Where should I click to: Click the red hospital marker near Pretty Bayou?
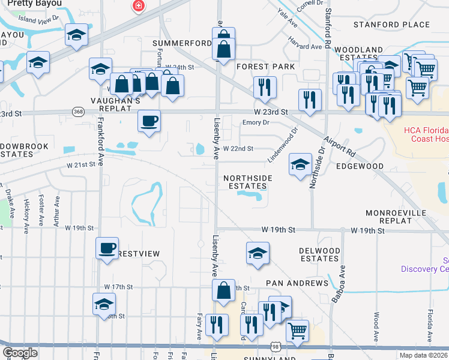139,6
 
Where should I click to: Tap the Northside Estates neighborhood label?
248,182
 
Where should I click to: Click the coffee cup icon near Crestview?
107,248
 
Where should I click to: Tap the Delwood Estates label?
319,254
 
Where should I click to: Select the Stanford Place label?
391,25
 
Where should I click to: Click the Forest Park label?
265,66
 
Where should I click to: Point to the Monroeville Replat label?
396,217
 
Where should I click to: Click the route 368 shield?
78,112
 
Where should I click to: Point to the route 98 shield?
275,347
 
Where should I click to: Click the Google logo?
20,353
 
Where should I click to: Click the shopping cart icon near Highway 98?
297,329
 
